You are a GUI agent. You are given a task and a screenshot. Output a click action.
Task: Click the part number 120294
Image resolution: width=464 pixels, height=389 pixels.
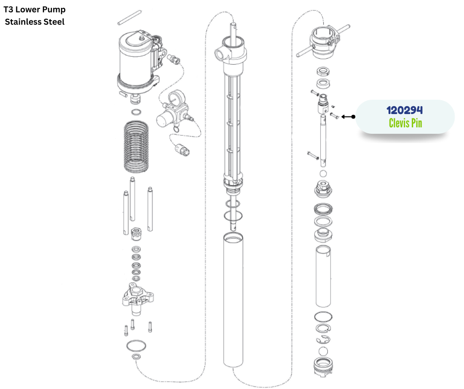[x=405, y=110]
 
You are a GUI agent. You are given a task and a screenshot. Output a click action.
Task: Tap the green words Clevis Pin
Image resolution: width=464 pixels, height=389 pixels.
[x=405, y=123]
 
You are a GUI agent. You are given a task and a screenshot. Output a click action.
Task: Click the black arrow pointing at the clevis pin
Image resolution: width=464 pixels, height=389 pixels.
[x=348, y=117]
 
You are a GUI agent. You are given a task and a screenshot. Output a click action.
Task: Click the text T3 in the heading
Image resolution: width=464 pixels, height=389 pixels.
[x=8, y=9]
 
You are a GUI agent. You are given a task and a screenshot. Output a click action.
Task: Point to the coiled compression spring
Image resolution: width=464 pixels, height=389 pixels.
[x=136, y=146]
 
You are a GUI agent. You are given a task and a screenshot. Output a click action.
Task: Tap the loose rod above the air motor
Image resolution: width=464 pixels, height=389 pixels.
[x=129, y=18]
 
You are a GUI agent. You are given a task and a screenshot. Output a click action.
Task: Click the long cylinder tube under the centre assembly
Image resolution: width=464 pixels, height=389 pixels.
[x=233, y=300]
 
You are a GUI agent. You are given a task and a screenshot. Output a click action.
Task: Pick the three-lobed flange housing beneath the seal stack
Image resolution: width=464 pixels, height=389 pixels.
[x=138, y=299]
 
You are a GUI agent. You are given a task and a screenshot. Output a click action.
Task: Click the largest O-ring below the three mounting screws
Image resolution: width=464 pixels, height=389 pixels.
[x=136, y=346]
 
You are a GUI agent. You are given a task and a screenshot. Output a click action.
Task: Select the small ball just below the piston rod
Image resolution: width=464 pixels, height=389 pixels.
[x=323, y=173]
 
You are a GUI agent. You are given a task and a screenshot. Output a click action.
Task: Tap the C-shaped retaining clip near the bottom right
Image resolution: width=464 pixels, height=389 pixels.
[x=323, y=340]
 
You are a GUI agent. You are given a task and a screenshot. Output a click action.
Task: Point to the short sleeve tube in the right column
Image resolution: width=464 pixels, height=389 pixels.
[x=323, y=276]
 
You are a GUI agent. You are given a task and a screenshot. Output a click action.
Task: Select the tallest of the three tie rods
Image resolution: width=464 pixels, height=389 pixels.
[x=132, y=198]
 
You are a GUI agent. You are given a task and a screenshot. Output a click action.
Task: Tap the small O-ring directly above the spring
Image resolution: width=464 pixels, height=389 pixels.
[x=136, y=112]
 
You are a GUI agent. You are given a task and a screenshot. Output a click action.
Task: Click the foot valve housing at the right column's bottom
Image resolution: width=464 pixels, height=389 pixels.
[x=323, y=367]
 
